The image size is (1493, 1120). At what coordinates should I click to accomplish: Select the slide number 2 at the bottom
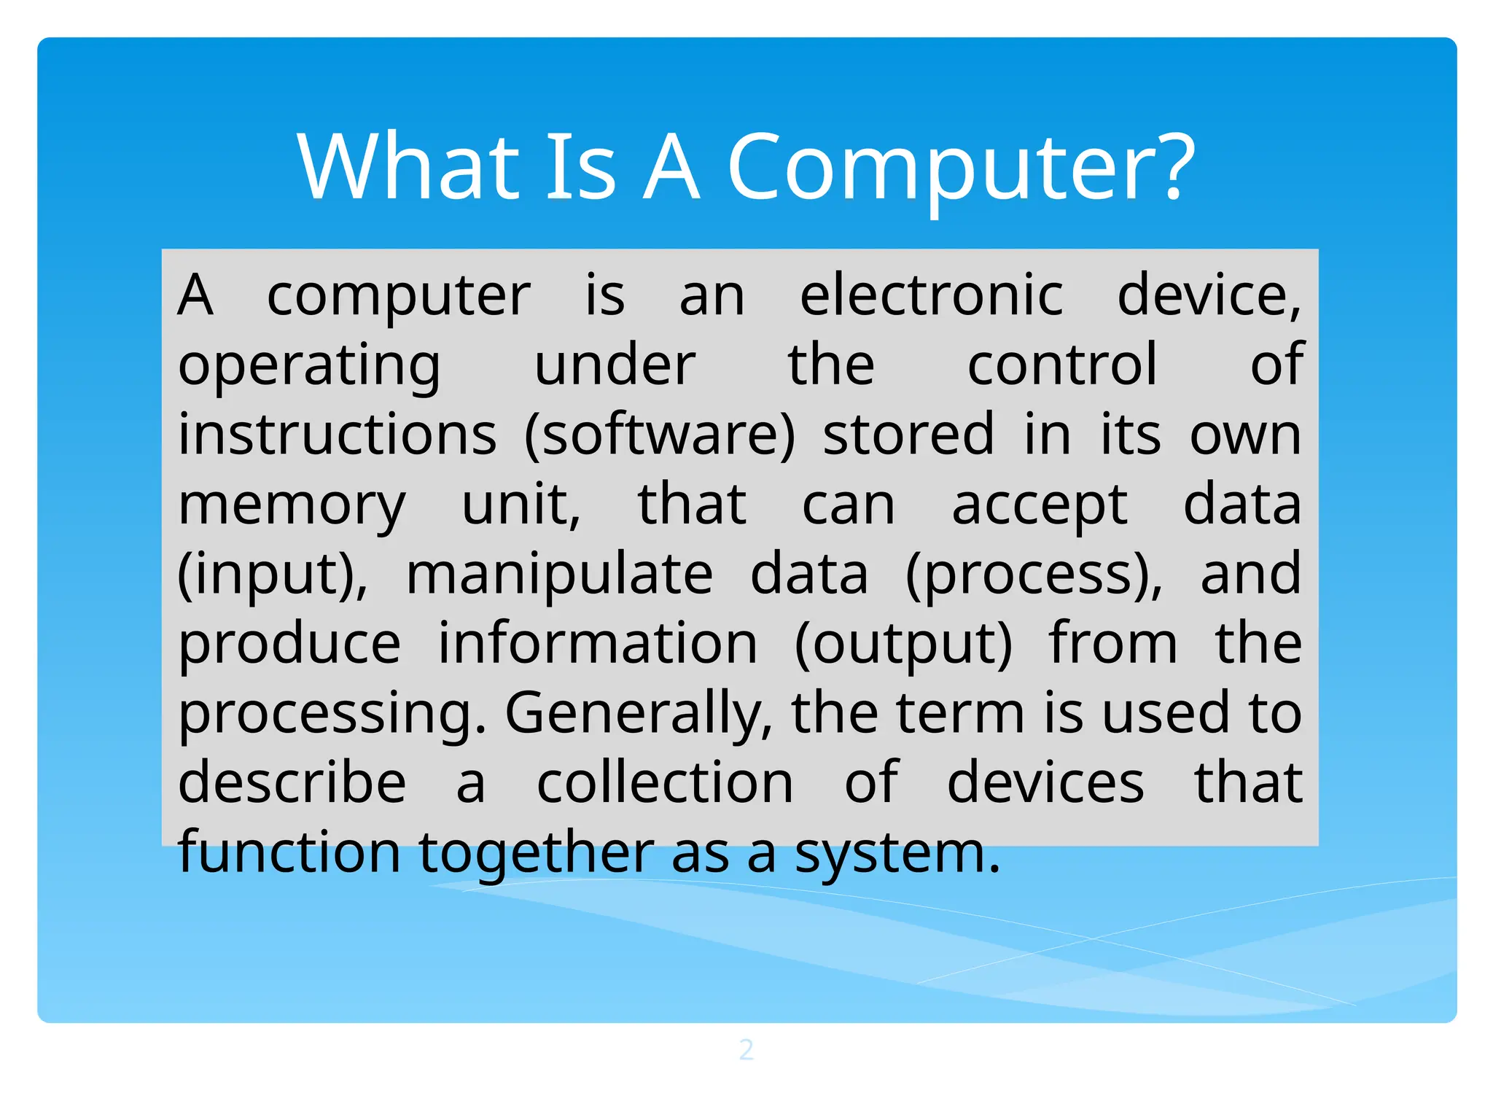click(746, 1049)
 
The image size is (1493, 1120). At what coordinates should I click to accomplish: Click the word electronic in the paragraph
click(932, 295)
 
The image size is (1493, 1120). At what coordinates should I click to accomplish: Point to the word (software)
click(660, 435)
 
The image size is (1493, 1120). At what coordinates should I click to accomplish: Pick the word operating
click(309, 365)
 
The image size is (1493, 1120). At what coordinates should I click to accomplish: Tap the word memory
click(292, 505)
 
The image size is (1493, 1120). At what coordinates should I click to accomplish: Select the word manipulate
click(559, 575)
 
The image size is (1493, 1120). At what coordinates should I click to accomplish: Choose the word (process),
click(1034, 575)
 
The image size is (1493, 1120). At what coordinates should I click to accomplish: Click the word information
click(598, 644)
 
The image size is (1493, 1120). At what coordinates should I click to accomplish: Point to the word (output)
click(903, 644)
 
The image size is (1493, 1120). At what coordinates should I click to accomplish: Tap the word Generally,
click(639, 713)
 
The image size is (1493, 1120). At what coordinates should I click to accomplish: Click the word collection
click(665, 783)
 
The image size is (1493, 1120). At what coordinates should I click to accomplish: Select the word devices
click(1045, 783)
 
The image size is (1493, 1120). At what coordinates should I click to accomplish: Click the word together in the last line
click(537, 852)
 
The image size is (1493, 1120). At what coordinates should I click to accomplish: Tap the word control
click(1062, 364)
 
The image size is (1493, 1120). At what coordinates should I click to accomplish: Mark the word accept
click(1040, 505)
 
